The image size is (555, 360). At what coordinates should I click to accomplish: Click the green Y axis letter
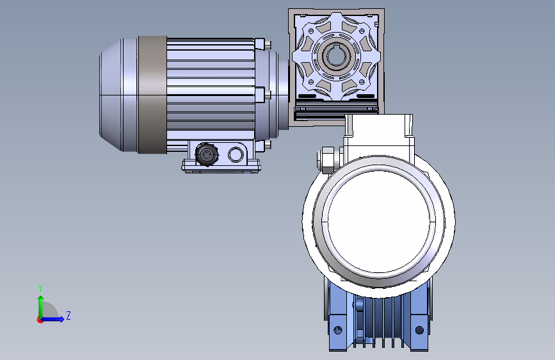(40, 288)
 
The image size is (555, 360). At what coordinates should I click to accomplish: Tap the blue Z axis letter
(68, 315)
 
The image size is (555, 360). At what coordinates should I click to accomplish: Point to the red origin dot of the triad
(40, 320)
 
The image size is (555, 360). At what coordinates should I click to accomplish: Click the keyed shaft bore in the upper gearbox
(334, 56)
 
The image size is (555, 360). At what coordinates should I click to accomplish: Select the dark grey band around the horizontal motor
(152, 95)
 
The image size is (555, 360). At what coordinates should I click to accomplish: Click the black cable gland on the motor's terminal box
(207, 154)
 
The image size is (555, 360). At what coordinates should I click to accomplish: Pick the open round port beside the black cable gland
(235, 154)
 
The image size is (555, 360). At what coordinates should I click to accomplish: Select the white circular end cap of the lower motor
(379, 222)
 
